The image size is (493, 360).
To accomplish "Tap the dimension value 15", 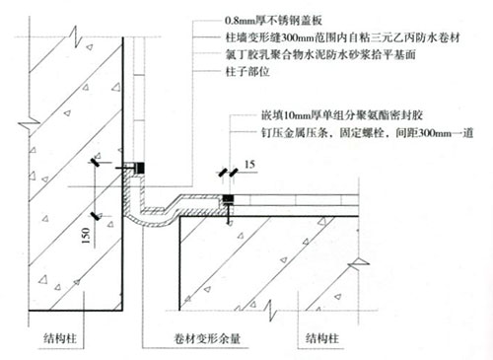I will pyautogui.click(x=251, y=162).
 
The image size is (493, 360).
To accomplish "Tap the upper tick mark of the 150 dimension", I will pyautogui.click(x=94, y=160).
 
